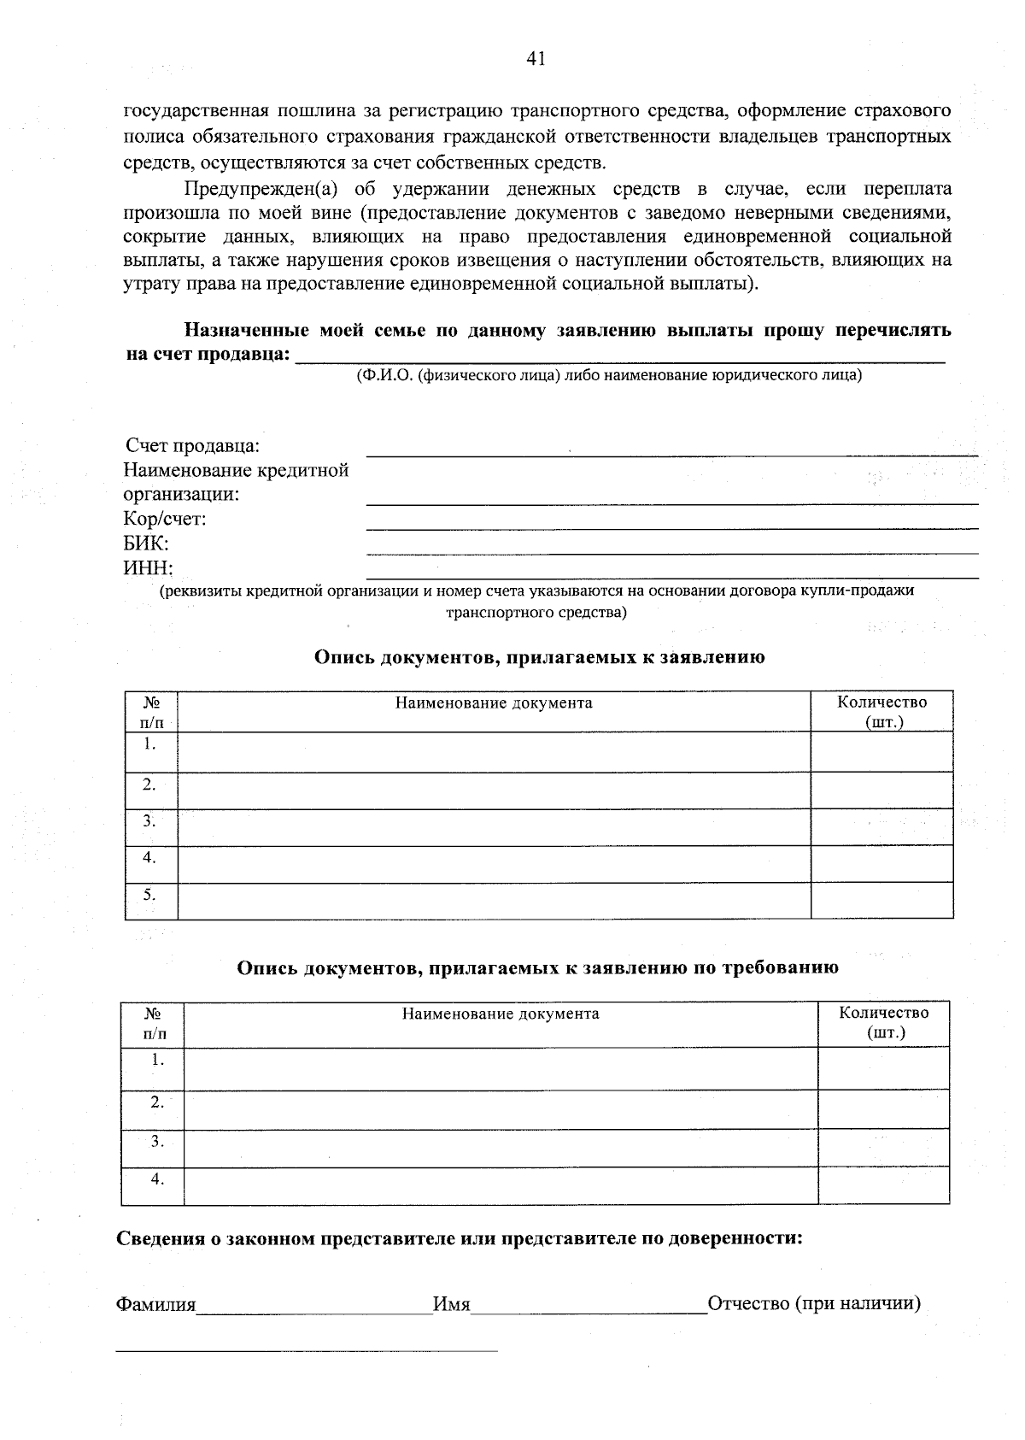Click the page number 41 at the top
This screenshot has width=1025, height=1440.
click(536, 58)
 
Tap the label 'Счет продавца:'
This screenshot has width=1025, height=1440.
click(193, 446)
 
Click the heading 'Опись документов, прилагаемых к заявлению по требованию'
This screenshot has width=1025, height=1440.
click(537, 967)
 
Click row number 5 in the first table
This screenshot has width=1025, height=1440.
click(149, 895)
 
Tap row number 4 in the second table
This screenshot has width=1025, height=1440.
click(157, 1179)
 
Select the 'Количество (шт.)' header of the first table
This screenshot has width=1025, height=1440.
click(881, 711)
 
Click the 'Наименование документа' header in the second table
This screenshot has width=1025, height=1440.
click(501, 1014)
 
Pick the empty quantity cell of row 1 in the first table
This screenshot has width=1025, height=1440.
click(881, 752)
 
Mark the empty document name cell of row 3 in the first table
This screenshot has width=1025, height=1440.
click(494, 827)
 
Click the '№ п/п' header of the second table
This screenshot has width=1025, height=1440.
click(154, 1023)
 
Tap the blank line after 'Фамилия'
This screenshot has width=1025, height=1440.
click(314, 1308)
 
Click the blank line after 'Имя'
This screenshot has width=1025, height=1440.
click(588, 1308)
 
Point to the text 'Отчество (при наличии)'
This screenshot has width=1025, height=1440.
click(813, 1304)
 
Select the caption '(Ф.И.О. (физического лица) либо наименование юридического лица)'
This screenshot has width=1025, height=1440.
click(609, 375)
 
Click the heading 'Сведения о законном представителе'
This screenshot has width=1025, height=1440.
click(460, 1238)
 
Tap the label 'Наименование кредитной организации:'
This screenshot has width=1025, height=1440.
click(236, 482)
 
